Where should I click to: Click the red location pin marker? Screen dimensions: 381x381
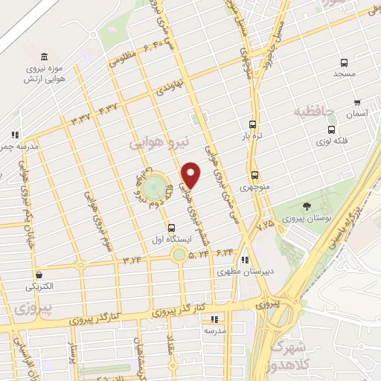[x=191, y=175]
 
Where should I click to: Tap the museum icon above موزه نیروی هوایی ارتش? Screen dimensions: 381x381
[x=45, y=58]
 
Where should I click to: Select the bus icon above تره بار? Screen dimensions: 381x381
[x=253, y=125]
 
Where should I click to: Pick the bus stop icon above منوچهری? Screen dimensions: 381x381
[x=255, y=175]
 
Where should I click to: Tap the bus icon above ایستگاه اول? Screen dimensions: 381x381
[x=172, y=227]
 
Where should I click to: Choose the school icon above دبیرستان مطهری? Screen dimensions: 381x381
[x=246, y=260]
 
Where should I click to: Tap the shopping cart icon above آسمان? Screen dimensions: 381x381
[x=357, y=103]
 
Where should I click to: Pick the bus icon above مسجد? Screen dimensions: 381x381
[x=344, y=63]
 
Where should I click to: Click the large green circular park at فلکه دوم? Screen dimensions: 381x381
[x=154, y=185]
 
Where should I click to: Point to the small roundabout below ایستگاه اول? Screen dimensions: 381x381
[x=179, y=255]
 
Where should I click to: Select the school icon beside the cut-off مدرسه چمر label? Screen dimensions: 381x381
[x=13, y=135]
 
